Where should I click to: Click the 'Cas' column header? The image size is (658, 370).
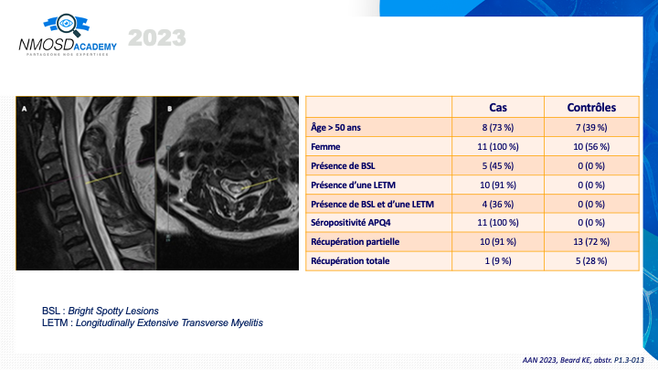click(498, 108)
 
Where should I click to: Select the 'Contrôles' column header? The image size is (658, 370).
click(591, 108)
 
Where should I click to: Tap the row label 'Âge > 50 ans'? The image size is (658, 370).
click(335, 128)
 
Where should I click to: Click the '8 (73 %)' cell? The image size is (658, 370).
click(498, 128)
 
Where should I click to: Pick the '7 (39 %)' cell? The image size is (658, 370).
click(591, 128)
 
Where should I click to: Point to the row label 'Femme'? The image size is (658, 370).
click(325, 147)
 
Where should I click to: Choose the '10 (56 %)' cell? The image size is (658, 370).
click(591, 147)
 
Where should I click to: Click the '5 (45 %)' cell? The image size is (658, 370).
click(498, 166)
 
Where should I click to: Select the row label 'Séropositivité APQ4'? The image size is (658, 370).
click(350, 223)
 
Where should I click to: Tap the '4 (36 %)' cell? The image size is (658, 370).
click(498, 205)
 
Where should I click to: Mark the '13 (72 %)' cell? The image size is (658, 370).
click(591, 241)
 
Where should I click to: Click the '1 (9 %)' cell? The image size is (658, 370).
click(498, 261)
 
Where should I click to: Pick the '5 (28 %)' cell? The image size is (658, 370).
click(591, 261)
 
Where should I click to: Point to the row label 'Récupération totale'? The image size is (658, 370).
click(350, 261)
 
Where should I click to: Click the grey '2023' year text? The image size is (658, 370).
click(157, 38)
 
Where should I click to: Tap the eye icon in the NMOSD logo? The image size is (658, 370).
click(66, 24)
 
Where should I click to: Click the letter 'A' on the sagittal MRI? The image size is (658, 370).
click(25, 109)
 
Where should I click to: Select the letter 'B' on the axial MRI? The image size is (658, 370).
click(170, 109)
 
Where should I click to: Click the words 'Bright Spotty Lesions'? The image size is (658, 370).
click(113, 311)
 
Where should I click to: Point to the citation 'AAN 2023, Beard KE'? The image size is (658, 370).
click(557, 360)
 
